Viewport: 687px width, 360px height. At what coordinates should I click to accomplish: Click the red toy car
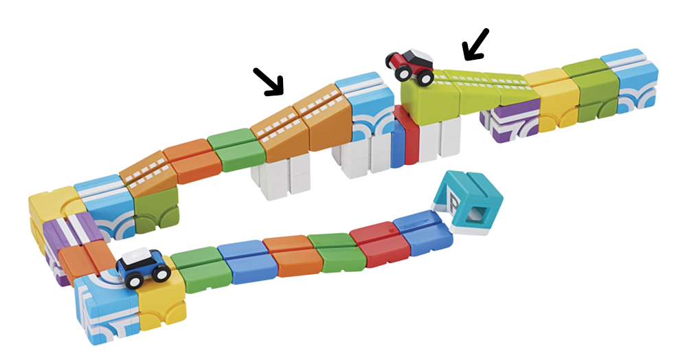(x=410, y=65)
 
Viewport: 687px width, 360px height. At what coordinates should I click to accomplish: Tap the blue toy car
(x=144, y=266)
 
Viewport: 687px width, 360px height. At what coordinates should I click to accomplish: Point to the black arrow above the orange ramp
(x=269, y=80)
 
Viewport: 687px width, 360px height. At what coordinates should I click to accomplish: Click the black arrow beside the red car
(x=475, y=44)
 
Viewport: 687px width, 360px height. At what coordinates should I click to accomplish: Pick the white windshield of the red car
(x=419, y=55)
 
